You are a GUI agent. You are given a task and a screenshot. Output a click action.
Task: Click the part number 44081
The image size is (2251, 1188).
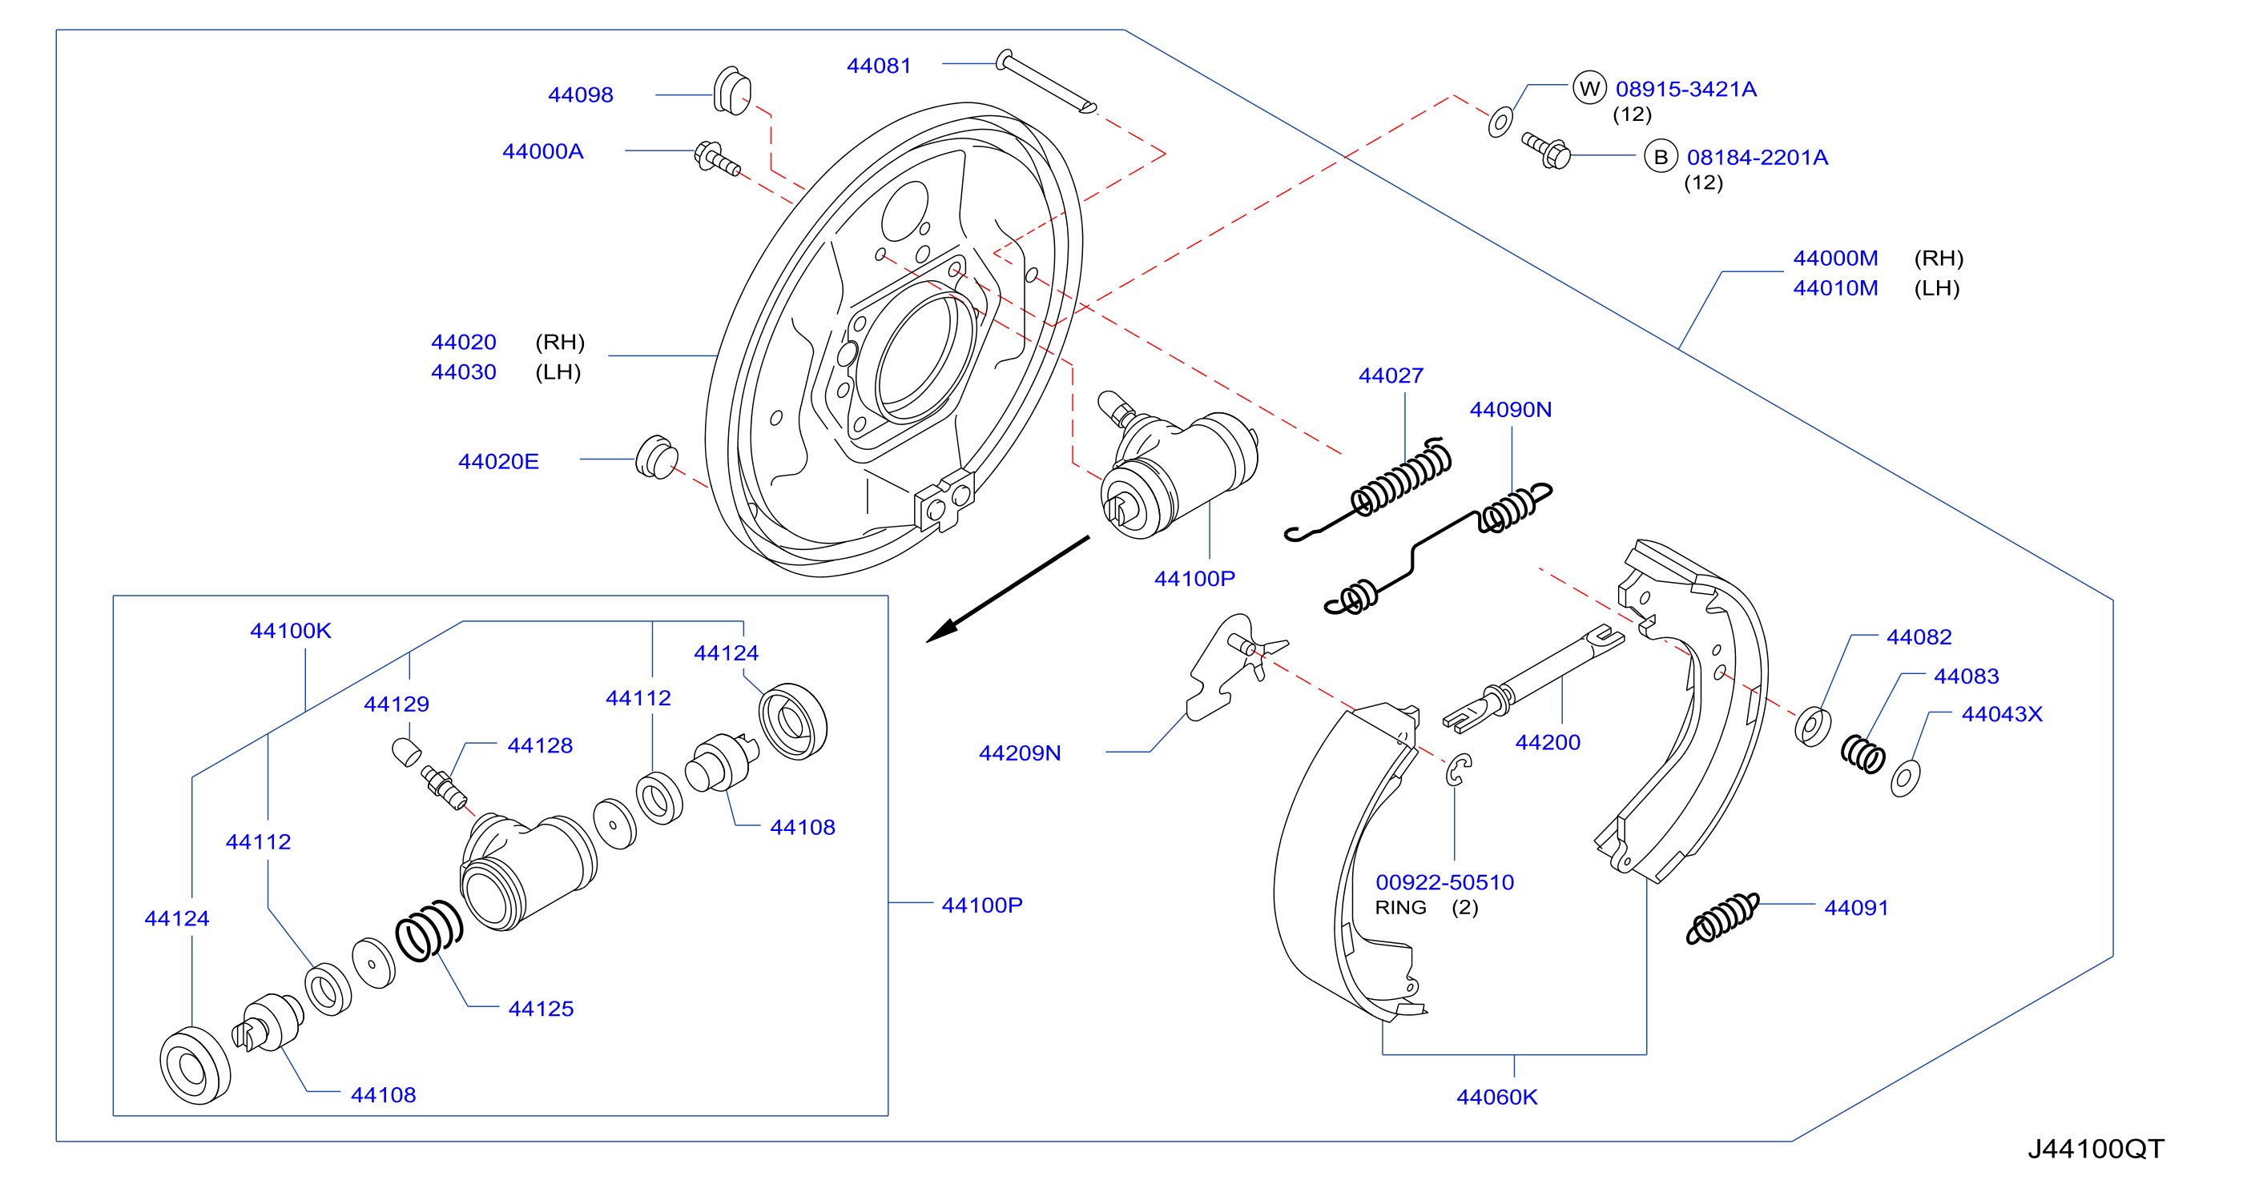coord(878,66)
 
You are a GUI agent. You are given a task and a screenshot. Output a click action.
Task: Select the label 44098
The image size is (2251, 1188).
coord(580,94)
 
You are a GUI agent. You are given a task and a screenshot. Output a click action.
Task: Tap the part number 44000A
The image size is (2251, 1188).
coord(542,151)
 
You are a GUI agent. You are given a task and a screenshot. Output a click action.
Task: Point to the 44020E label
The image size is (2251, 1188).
coord(498,461)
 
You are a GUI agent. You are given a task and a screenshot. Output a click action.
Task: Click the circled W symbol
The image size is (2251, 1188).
coord(1589,87)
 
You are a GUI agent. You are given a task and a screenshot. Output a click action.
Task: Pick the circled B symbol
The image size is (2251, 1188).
coord(1661,156)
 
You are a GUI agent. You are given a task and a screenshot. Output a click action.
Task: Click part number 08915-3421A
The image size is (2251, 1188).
coord(1685,89)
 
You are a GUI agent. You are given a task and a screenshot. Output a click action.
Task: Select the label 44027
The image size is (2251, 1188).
coord(1391,375)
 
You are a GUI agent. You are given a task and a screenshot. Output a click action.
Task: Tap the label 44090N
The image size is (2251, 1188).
coord(1510,410)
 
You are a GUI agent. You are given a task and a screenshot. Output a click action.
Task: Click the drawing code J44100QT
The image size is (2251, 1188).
coord(2096,1149)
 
